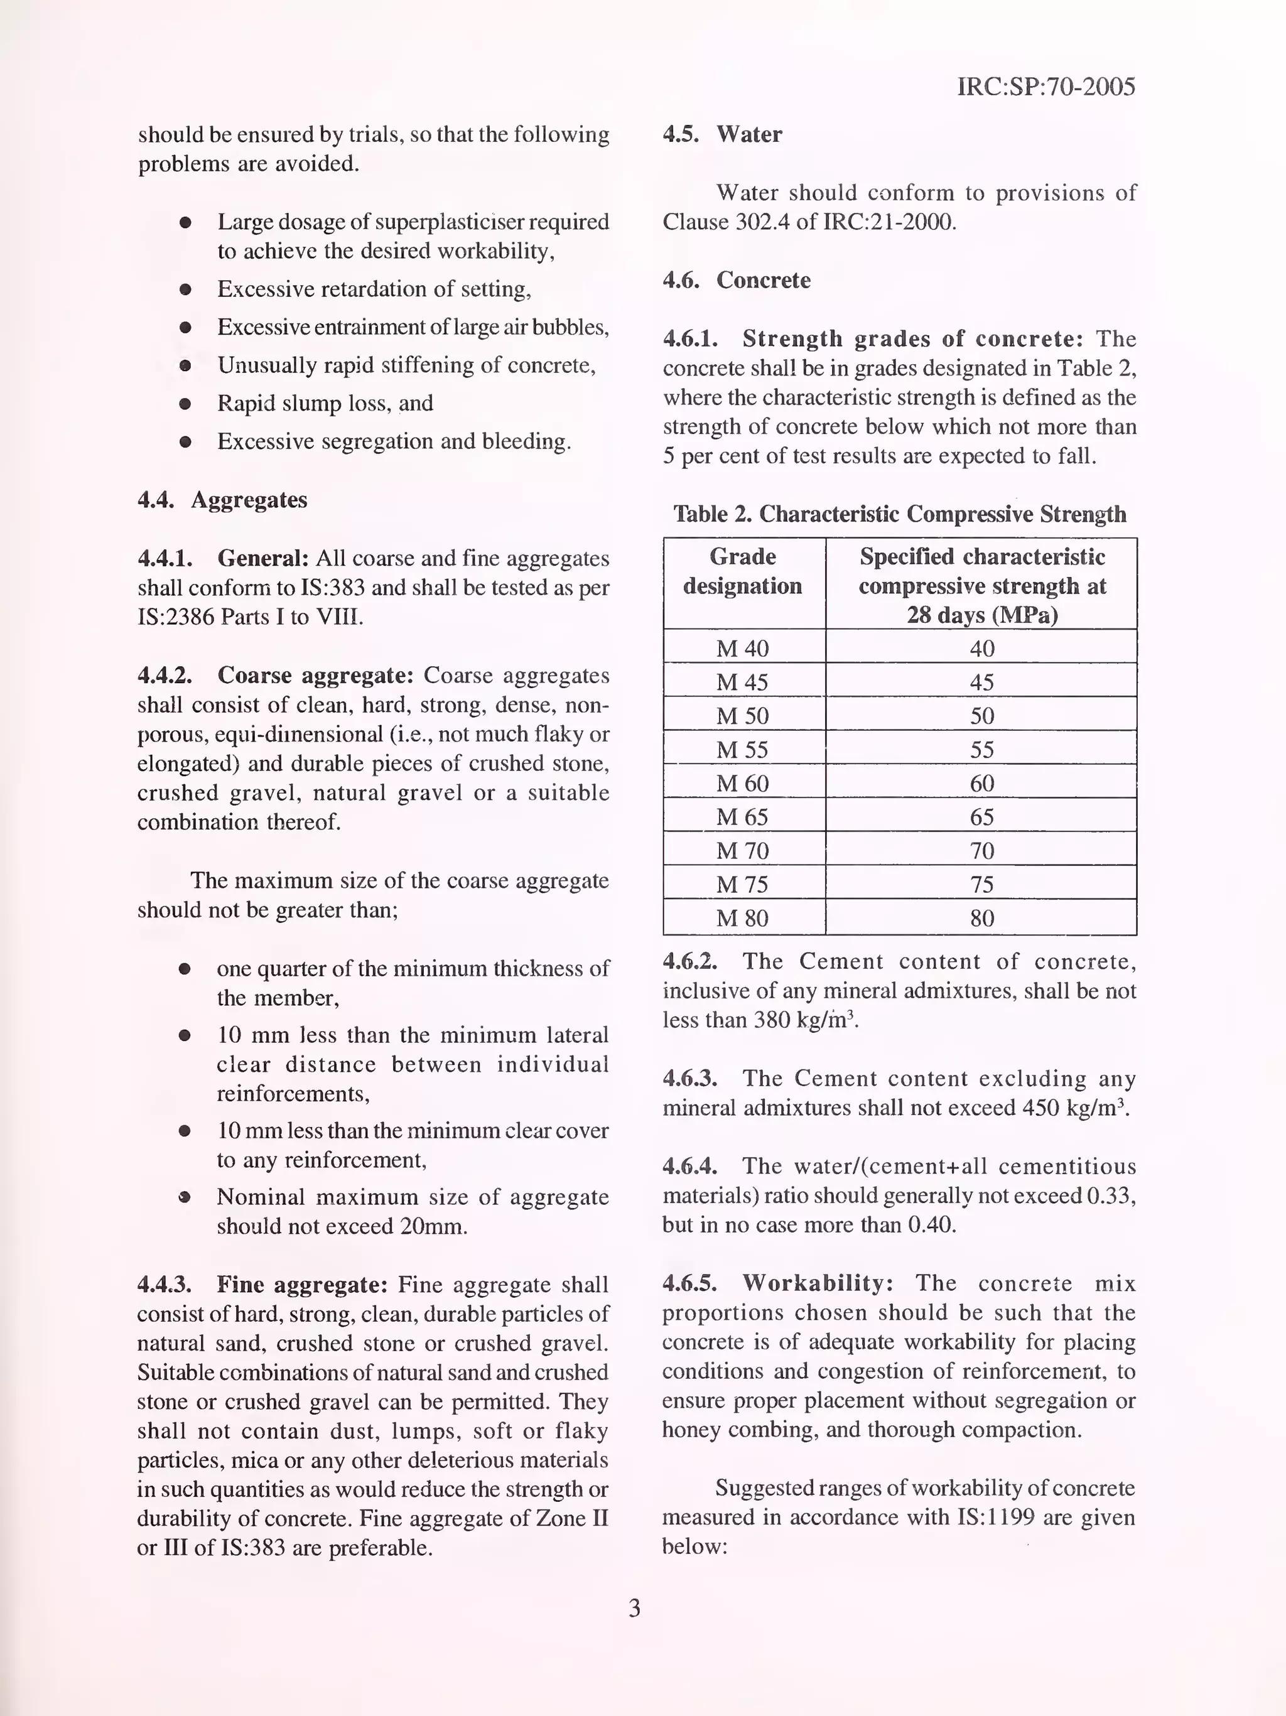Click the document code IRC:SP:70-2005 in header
click(x=1046, y=86)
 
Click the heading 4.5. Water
click(x=721, y=134)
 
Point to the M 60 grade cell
click(x=742, y=783)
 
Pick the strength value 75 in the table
click(x=981, y=885)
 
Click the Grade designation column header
click(x=742, y=571)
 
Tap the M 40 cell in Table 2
click(x=742, y=648)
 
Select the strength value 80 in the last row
click(x=981, y=919)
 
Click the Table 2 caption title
click(x=899, y=514)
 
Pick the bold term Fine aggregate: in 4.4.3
click(x=302, y=1285)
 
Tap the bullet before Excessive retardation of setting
click(x=185, y=290)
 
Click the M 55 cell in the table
click(x=742, y=750)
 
